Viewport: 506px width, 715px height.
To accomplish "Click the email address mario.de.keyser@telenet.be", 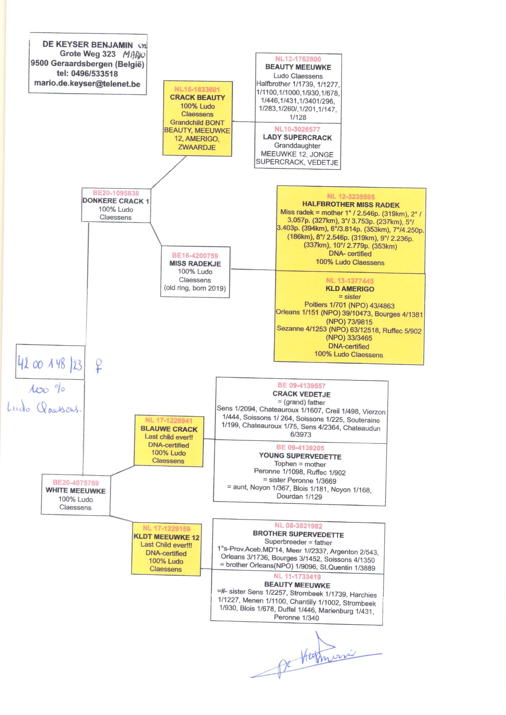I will (x=87, y=84).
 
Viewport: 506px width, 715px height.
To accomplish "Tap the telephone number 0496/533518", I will (x=95, y=74).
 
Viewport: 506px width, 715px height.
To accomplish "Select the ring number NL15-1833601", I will (x=197, y=89).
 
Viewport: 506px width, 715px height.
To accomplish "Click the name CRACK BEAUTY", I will (x=197, y=98).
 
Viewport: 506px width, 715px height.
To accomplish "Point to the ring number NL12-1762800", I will (x=298, y=59).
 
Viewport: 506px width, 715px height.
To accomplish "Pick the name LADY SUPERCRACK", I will (x=297, y=137).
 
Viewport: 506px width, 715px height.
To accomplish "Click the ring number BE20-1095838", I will (x=116, y=193).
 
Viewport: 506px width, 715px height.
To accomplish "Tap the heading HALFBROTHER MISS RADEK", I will (x=351, y=205).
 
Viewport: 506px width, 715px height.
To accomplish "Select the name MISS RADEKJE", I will (x=195, y=263).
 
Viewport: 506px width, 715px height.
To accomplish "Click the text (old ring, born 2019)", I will (x=195, y=288).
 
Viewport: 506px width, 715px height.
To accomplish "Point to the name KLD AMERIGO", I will (x=350, y=289).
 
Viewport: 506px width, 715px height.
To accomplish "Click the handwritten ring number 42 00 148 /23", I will (x=50, y=363).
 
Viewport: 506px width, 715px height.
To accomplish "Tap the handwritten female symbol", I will (x=99, y=366).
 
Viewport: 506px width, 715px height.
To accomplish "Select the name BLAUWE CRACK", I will (x=169, y=429).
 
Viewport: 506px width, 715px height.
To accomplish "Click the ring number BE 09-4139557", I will (x=301, y=386).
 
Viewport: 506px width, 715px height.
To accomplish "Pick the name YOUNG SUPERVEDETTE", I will (x=300, y=456).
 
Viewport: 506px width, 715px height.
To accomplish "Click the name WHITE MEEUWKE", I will (x=76, y=490).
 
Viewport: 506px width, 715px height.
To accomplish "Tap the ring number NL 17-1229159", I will (x=166, y=528).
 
